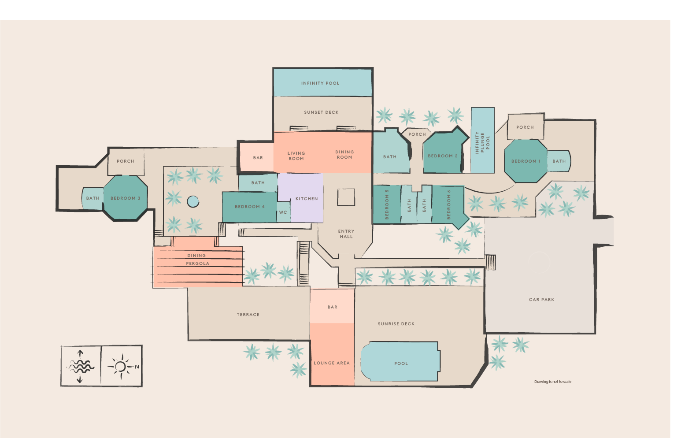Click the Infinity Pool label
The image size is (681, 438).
[x=320, y=83]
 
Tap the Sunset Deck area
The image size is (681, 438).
[x=321, y=113]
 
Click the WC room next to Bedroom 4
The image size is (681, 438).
[x=283, y=212]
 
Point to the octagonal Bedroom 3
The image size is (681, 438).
[x=125, y=198]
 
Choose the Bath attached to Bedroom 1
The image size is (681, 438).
[x=559, y=161]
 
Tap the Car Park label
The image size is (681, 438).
[x=541, y=300]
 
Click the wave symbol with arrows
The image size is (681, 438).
[x=80, y=367]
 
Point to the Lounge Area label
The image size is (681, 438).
[x=332, y=363]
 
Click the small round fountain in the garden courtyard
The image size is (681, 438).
[x=193, y=201]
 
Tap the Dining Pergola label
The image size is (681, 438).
[x=197, y=260]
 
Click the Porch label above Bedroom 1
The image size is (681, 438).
[x=525, y=127]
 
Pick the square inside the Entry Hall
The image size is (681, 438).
[x=346, y=197]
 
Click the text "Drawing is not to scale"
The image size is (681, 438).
[x=552, y=382]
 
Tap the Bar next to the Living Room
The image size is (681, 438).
[x=258, y=158]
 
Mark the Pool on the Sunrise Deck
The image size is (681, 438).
[x=400, y=363]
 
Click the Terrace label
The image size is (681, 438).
[x=248, y=315]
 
